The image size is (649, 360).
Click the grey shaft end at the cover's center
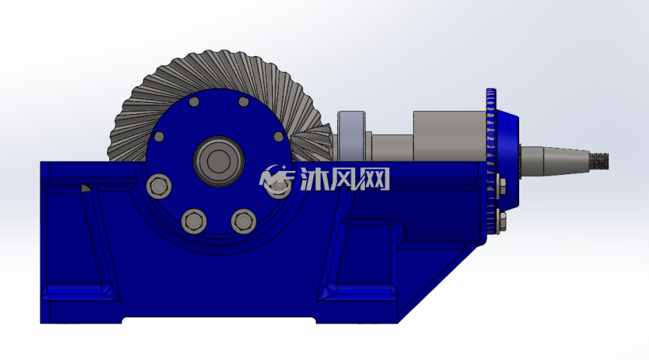coord(218,161)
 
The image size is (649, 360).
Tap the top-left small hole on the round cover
coord(194,101)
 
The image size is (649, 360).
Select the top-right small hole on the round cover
coord(244,101)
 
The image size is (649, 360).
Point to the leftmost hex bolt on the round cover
coord(159,187)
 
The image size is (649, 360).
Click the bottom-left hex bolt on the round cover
coord(194,222)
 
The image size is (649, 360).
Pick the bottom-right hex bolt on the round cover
coord(244,222)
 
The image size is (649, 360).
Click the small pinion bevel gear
coord(313,142)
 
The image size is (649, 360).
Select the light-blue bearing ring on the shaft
coord(351,136)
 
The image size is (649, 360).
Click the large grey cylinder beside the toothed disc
coord(450,135)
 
